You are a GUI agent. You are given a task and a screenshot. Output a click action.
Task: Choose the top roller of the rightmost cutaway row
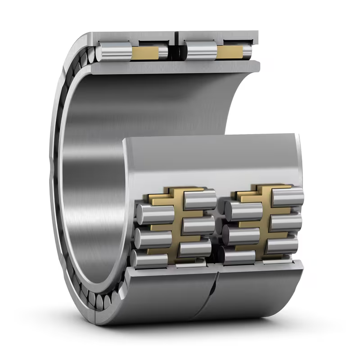point(288,197)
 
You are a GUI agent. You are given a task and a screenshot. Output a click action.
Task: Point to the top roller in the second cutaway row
point(200,200)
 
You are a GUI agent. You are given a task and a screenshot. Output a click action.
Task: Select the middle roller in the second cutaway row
point(198,224)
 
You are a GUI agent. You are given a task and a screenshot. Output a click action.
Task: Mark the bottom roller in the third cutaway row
point(238,256)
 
